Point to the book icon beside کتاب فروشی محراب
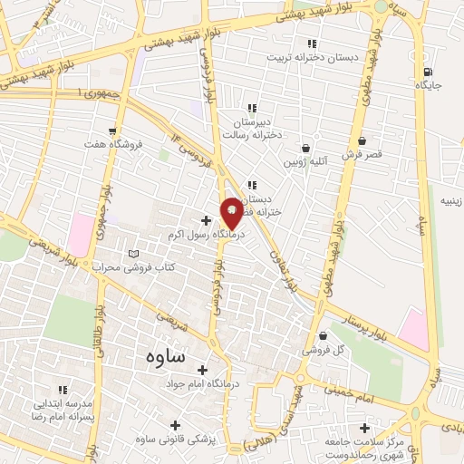135,254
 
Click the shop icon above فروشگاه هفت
112,132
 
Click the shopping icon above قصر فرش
362,141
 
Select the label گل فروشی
328,349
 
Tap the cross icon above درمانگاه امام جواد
201,370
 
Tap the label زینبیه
450,199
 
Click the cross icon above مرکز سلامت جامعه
364,428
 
